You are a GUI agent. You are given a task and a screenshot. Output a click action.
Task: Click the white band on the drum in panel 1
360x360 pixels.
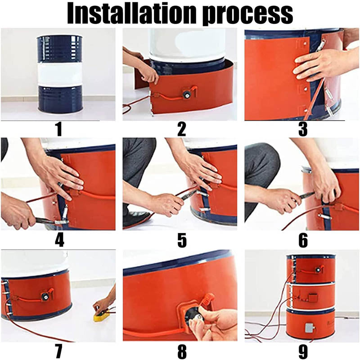point(59,74)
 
